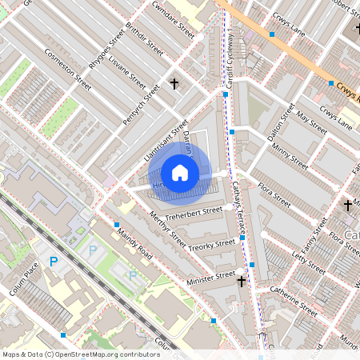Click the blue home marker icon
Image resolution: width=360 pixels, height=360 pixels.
click(x=180, y=173)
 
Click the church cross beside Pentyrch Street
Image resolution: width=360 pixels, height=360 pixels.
click(x=174, y=83)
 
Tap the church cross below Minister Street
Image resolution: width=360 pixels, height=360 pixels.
click(x=241, y=281)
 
